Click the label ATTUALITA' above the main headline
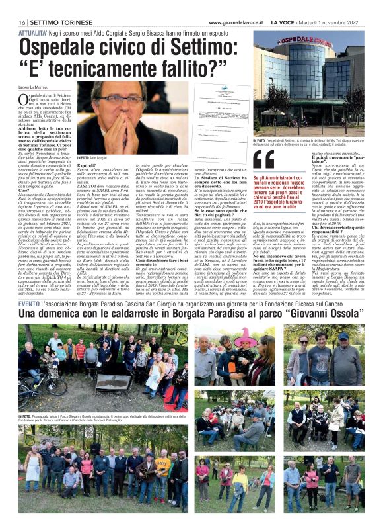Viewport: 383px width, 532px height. pyautogui.click(x=32, y=32)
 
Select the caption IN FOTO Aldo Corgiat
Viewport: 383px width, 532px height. pyautogui.click(x=92, y=158)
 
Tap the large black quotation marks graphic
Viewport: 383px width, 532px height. pyautogui.click(x=264, y=159)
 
